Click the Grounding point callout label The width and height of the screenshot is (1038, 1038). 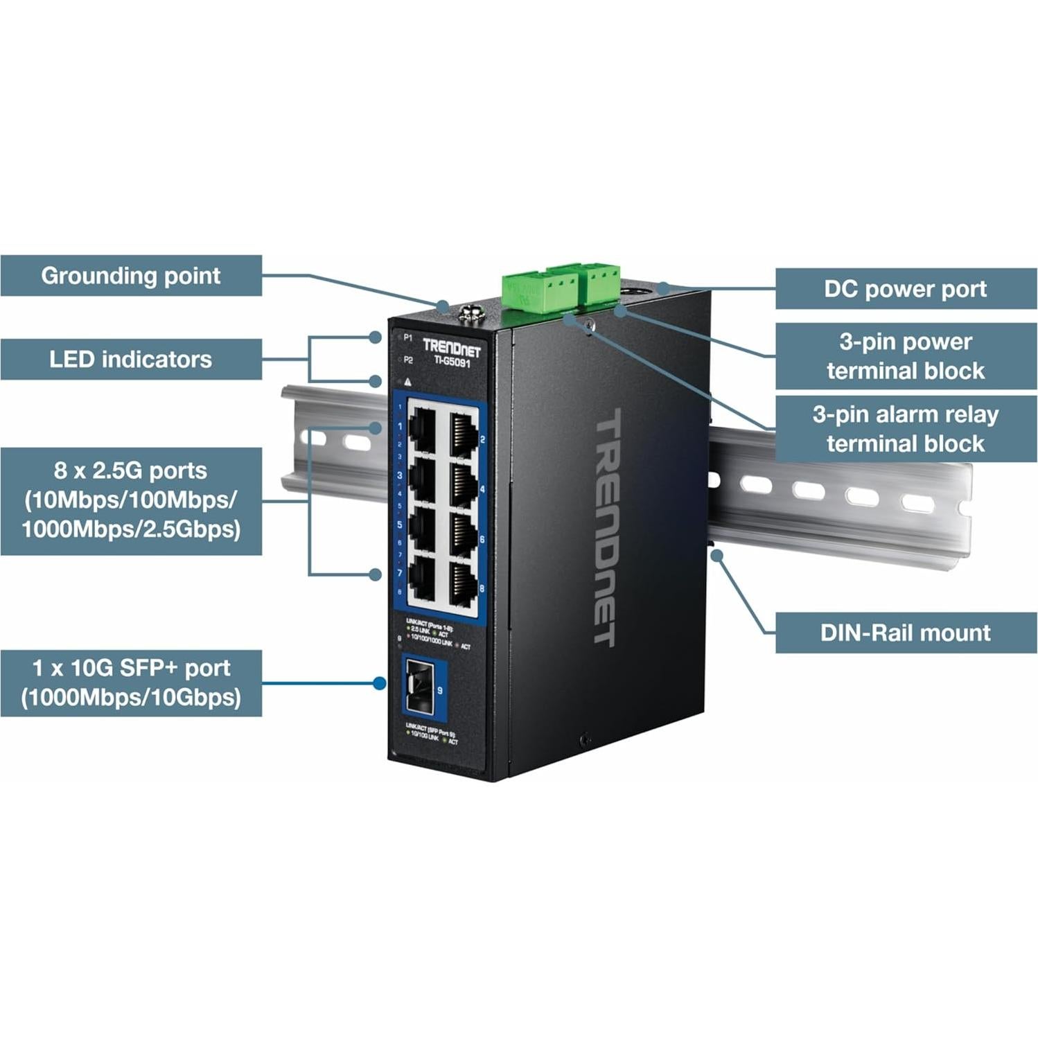coord(131,276)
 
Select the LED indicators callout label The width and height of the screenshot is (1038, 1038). coord(131,359)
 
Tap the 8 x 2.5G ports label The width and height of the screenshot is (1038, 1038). coord(131,500)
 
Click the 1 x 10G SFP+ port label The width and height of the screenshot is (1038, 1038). coord(131,683)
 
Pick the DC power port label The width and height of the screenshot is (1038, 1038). coord(905,289)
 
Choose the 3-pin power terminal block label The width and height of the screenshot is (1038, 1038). coord(905,356)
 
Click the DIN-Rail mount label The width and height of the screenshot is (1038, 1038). coord(905,633)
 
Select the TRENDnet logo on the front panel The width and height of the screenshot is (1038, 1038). coord(451,347)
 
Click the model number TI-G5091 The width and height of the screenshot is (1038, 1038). coord(452,361)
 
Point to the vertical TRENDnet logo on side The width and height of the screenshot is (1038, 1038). coord(606,527)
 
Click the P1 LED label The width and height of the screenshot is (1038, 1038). coord(407,337)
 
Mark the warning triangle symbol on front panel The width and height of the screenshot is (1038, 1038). coord(407,382)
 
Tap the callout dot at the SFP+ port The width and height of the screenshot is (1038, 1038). coord(379,683)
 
